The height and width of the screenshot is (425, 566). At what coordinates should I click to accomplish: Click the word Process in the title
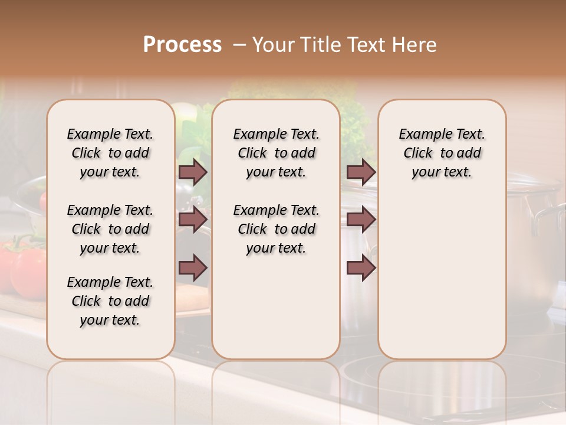coord(182,45)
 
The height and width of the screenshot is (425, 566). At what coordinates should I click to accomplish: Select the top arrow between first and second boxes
coord(193,172)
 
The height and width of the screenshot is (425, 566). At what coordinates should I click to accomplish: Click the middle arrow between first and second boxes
coord(193,220)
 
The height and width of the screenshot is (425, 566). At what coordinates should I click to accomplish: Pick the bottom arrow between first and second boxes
coord(193,268)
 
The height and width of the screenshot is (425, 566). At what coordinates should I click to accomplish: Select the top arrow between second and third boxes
coord(361,172)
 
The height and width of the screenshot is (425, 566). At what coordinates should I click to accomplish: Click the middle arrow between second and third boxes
coord(361,220)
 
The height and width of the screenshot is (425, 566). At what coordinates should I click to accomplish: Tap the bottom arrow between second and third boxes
coord(361,268)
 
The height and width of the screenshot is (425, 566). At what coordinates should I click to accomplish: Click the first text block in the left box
coord(110,153)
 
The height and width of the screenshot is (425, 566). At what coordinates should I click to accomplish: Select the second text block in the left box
coord(110,229)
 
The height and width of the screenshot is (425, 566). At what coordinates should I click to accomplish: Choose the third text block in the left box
coord(110,301)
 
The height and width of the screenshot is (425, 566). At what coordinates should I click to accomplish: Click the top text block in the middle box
coord(276,153)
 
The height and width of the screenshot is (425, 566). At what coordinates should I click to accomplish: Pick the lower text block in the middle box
coord(276,229)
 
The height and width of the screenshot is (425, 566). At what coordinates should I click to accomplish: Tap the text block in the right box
coord(442,153)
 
